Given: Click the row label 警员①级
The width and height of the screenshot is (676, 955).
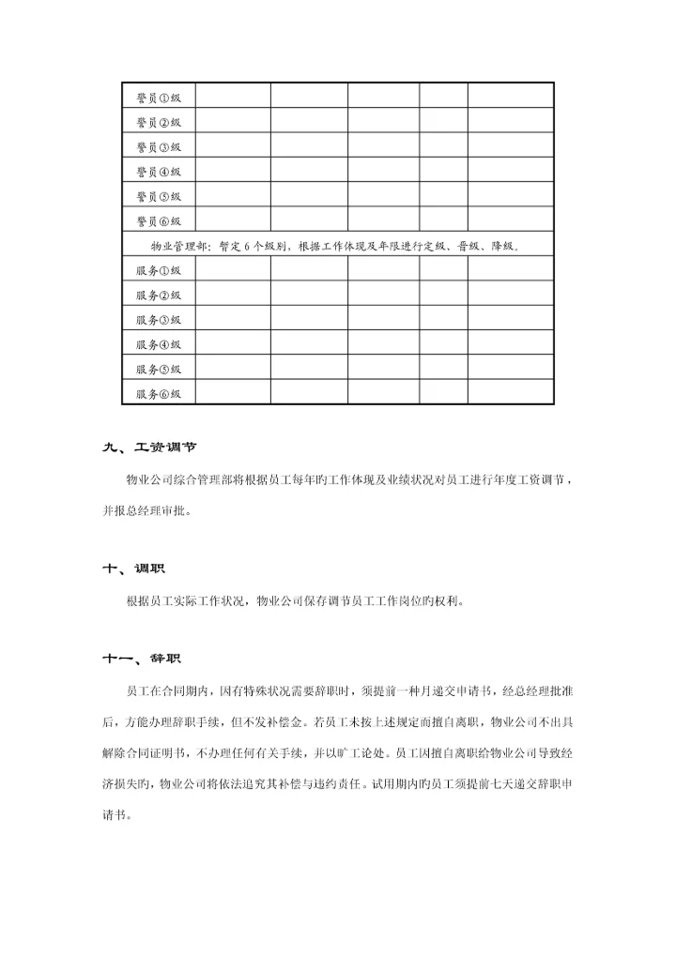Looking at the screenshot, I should point(158,97).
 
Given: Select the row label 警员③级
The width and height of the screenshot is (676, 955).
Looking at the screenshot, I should point(158,146).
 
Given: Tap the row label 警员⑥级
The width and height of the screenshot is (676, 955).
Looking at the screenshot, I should point(158,220).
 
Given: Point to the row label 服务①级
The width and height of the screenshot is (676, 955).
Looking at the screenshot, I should point(158,269).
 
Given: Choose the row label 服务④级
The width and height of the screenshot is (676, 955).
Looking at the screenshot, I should point(158,343).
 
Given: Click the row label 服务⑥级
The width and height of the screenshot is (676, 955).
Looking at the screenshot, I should point(158,393).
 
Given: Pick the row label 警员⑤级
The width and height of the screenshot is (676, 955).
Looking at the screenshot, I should point(158,196).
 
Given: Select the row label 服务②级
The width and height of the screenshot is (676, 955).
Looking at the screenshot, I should point(158,295).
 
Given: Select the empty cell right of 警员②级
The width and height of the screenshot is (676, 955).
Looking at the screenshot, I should point(233,122).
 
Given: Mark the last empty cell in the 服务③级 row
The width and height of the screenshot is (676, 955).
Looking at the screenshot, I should point(510,319).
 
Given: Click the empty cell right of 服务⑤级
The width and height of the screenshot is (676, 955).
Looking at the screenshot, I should point(233,369).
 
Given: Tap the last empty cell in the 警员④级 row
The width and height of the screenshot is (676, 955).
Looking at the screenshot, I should point(510,171).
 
